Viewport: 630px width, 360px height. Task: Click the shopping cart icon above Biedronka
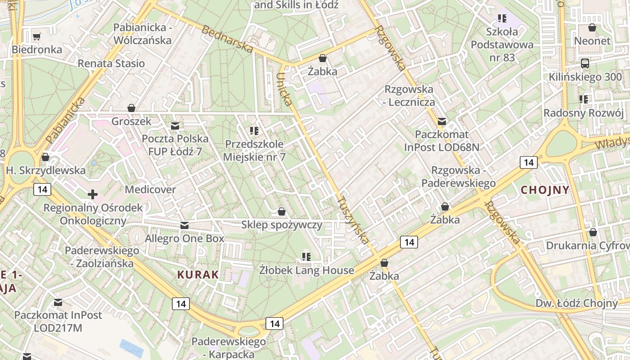pyautogui.click(x=37, y=36)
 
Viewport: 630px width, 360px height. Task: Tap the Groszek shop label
pyautogui.click(x=131, y=121)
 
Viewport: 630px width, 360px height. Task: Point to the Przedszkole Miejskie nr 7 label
pyautogui.click(x=254, y=151)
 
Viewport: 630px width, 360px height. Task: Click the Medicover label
pyautogui.click(x=150, y=189)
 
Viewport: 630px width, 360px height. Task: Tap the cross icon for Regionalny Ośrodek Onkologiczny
pyautogui.click(x=93, y=194)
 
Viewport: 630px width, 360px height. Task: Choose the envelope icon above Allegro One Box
pyautogui.click(x=184, y=225)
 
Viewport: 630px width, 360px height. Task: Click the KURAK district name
pyautogui.click(x=198, y=274)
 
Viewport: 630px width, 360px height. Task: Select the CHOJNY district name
pyautogui.click(x=545, y=190)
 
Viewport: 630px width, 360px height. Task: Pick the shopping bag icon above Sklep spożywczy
pyautogui.click(x=282, y=211)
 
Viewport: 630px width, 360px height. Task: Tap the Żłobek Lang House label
pyautogui.click(x=307, y=270)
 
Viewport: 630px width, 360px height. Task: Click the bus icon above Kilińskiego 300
pyautogui.click(x=585, y=63)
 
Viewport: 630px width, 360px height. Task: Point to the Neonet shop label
pyautogui.click(x=592, y=41)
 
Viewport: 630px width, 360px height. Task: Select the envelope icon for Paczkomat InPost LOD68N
pyautogui.click(x=442, y=121)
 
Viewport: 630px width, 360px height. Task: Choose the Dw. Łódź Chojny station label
pyautogui.click(x=576, y=303)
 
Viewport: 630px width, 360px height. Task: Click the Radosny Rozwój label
pyautogui.click(x=583, y=112)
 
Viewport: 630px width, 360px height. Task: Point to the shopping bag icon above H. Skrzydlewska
pyautogui.click(x=45, y=157)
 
